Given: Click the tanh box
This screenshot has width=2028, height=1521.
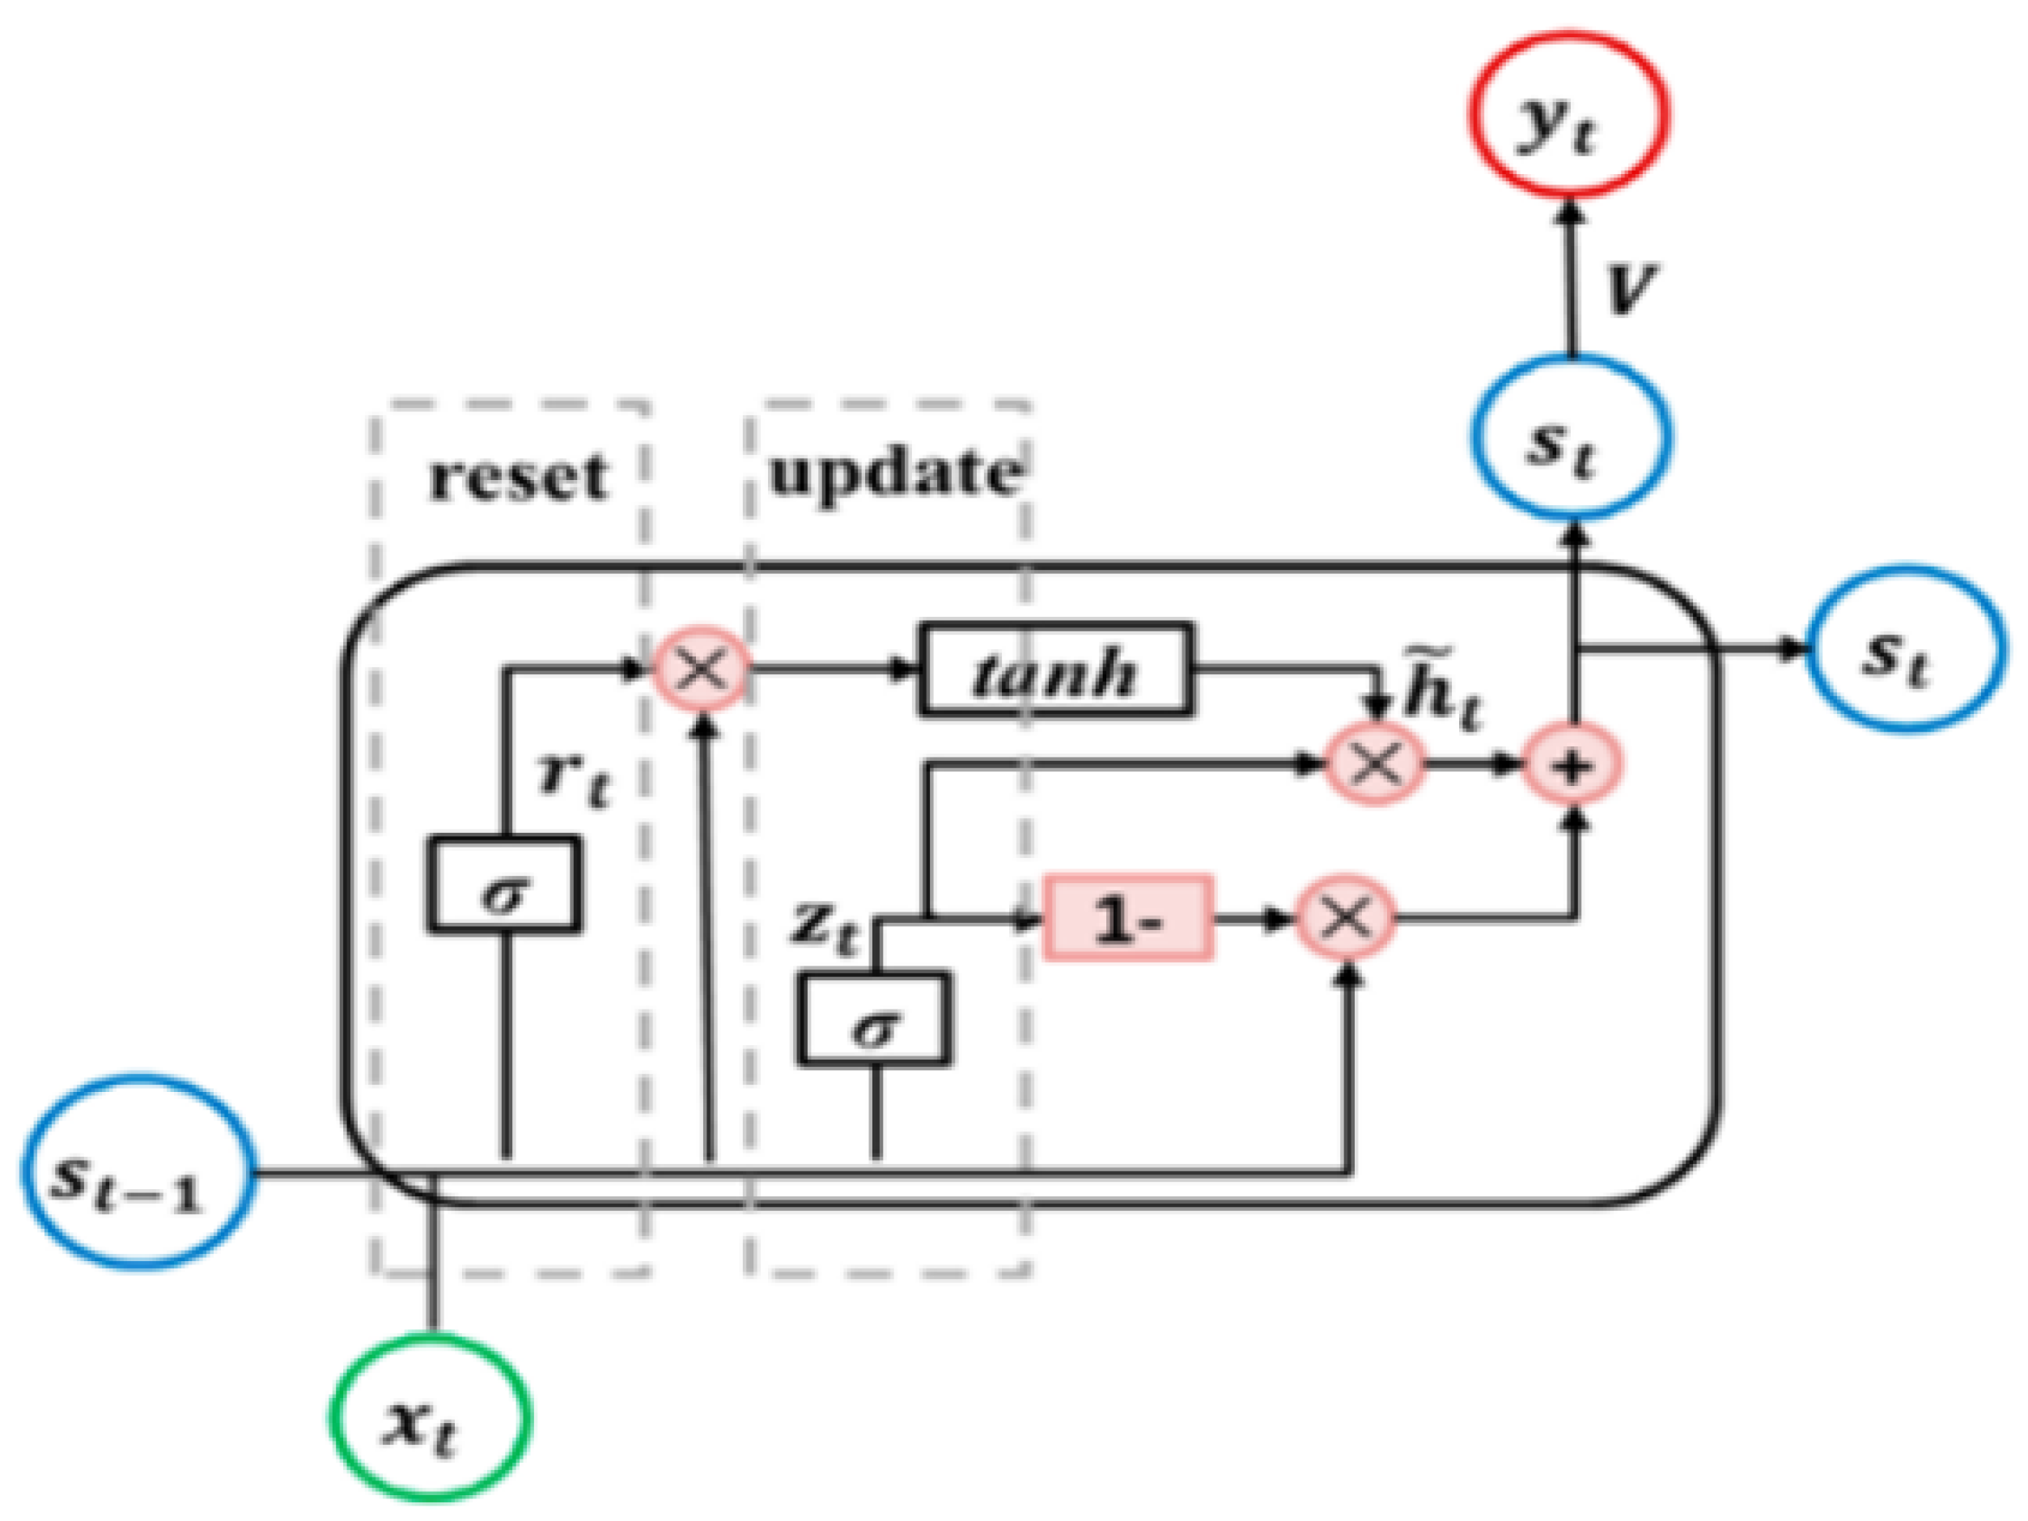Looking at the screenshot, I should pyautogui.click(x=1056, y=669).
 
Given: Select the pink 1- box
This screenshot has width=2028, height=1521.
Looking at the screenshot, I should pyautogui.click(x=1127, y=918).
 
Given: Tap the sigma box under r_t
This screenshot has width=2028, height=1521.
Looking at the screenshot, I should pyautogui.click(x=503, y=885).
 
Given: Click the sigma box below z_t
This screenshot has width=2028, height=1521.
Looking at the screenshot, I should pyautogui.click(x=874, y=1018).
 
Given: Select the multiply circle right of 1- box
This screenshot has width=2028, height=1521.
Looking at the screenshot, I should pyautogui.click(x=1346, y=918).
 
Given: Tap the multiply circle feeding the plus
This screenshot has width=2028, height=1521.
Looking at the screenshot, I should pyautogui.click(x=1375, y=763).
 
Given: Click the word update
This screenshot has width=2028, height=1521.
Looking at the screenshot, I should pyautogui.click(x=894, y=474).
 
